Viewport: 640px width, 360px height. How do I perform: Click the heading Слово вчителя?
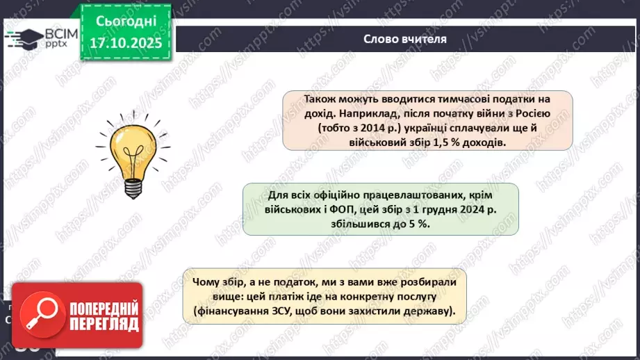click(405, 39)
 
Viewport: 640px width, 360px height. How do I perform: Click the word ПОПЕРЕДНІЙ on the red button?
click(103, 308)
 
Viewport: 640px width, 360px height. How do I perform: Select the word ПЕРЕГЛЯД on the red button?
click(103, 324)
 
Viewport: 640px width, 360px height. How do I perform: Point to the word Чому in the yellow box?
click(208, 283)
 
